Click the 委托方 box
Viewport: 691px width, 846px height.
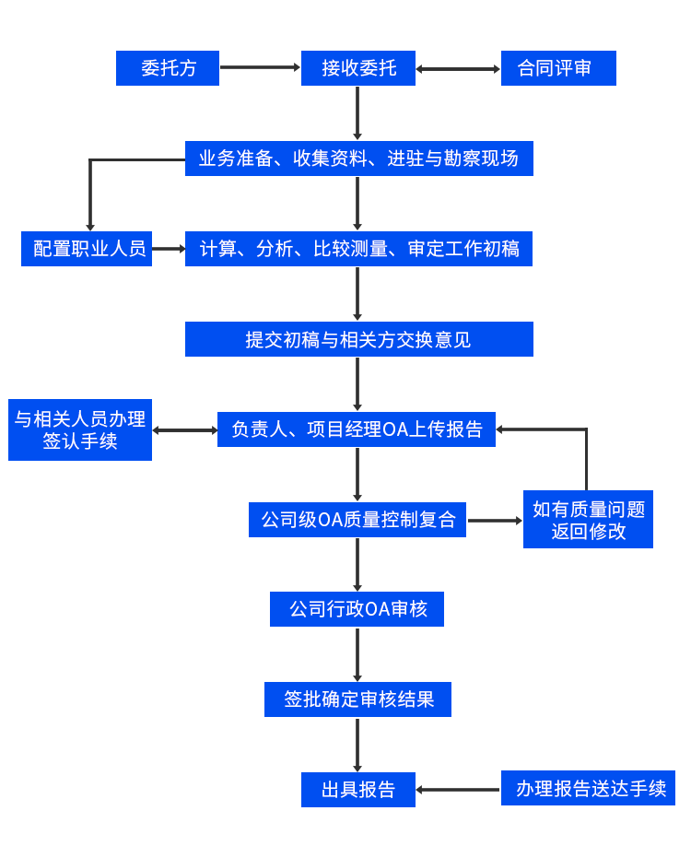167,67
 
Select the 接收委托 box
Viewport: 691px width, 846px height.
357,67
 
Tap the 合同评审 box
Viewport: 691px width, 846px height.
557,67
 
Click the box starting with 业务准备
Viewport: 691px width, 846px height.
358,158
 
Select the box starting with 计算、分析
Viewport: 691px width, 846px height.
358,248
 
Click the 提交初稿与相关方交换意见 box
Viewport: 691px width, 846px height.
358,338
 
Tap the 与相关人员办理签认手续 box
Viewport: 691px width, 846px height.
79,429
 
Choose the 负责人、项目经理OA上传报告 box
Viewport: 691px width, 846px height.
356,429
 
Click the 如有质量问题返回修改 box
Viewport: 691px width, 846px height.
587,519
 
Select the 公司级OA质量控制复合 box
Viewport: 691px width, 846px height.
357,519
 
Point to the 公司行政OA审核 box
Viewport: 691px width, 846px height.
357,608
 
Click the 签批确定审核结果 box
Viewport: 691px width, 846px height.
357,699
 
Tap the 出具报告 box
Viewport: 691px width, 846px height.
357,789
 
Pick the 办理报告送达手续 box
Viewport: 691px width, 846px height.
587,788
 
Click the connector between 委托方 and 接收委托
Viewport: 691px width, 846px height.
260,67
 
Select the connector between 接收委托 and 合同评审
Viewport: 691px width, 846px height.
457,68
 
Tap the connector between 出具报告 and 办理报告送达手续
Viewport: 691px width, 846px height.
457,789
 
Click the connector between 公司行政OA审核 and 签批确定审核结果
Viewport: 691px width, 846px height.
357,653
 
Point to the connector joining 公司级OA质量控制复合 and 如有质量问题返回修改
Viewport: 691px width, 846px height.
494,520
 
